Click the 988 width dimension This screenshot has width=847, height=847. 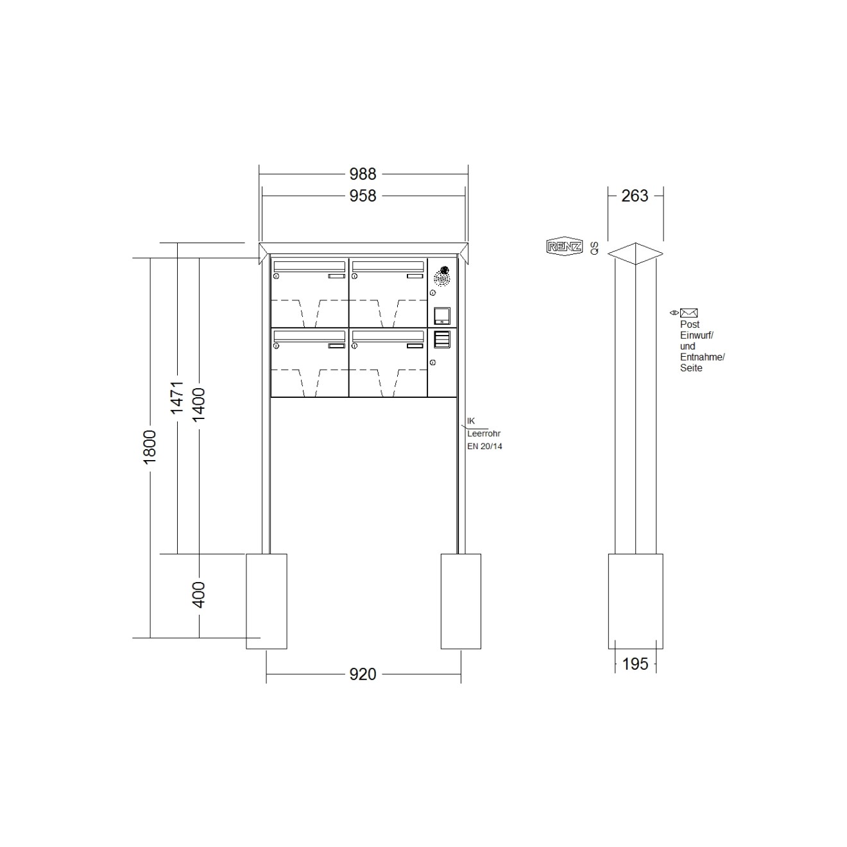point(363,174)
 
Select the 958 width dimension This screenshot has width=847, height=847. point(363,196)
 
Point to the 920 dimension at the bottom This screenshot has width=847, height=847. point(363,674)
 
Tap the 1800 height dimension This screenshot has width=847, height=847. point(150,447)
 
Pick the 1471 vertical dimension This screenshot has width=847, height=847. point(176,398)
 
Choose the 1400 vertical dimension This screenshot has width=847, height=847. point(199,404)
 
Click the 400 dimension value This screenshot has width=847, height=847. point(199,595)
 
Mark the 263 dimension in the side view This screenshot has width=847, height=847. point(635,196)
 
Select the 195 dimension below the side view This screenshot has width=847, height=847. point(635,664)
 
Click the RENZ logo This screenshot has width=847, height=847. point(565,246)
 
